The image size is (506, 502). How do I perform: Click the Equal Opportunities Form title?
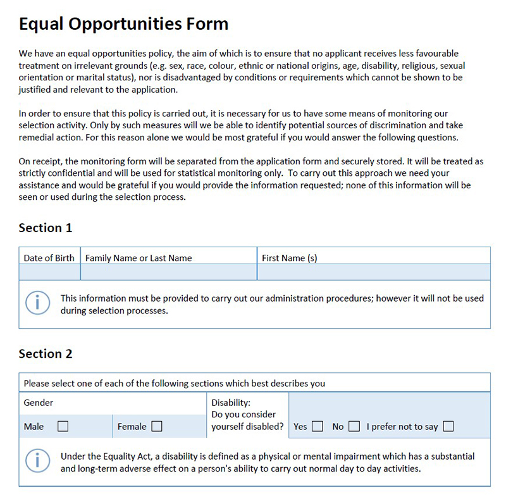click(x=123, y=24)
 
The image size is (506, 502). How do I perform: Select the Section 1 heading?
click(x=46, y=228)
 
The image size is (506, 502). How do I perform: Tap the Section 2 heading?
click(x=46, y=353)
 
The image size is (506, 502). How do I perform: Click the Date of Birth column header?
click(x=49, y=258)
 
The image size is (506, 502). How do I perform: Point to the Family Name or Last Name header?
click(x=139, y=258)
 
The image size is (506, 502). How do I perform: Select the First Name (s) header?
click(x=289, y=258)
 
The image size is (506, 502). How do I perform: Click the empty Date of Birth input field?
click(x=49, y=272)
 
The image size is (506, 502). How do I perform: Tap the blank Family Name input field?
click(x=168, y=272)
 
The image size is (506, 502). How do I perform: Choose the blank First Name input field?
click(x=373, y=272)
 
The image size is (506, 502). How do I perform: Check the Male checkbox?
click(x=63, y=426)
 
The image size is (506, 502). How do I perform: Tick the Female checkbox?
click(x=156, y=426)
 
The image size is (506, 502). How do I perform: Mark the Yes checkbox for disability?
click(x=317, y=426)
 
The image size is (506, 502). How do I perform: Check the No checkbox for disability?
click(x=354, y=426)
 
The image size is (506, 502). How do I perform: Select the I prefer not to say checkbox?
click(x=448, y=426)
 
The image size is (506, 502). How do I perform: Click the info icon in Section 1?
click(x=37, y=303)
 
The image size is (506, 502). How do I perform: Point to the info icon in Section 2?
click(x=37, y=461)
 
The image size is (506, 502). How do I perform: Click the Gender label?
click(x=39, y=403)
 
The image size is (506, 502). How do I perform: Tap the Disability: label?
click(x=231, y=403)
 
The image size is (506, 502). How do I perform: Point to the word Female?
click(x=132, y=427)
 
